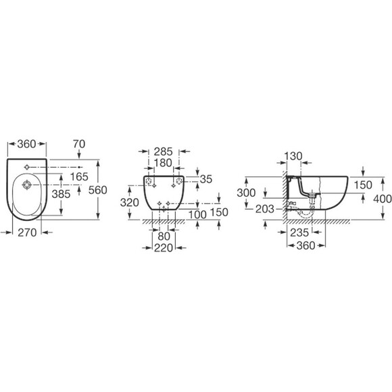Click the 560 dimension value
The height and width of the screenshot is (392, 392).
(x=98, y=190)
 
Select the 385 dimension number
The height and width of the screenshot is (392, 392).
(x=61, y=194)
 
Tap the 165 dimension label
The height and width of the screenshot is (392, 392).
(x=79, y=177)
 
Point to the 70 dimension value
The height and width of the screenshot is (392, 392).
(x=79, y=144)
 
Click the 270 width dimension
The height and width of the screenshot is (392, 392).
(x=27, y=232)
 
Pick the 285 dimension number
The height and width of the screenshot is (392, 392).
(x=163, y=152)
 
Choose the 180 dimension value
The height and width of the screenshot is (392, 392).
(x=163, y=163)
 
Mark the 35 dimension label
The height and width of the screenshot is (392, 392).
(x=206, y=179)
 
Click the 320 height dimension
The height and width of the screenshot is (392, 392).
(x=130, y=203)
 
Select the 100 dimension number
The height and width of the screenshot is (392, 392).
(x=197, y=214)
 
